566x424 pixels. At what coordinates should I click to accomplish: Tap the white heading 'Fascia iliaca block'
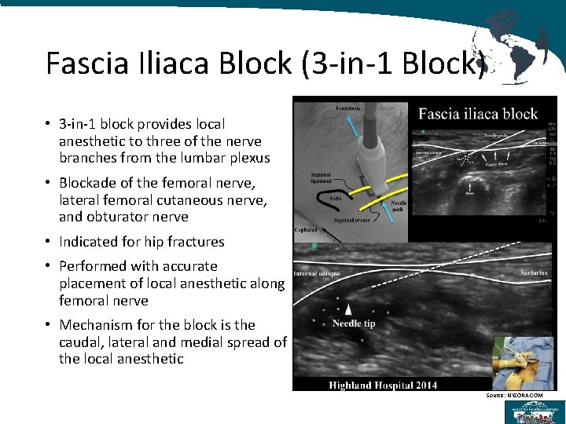pyautogui.click(x=477, y=114)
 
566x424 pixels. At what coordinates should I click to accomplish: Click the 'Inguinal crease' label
pyautogui.click(x=354, y=221)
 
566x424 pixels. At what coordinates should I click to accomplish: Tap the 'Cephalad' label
pyautogui.click(x=307, y=230)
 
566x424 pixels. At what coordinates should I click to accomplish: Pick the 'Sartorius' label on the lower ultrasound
pyautogui.click(x=532, y=272)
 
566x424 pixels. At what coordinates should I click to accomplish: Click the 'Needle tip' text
pyautogui.click(x=353, y=323)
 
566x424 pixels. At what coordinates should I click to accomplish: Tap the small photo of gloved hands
pyautogui.click(x=523, y=362)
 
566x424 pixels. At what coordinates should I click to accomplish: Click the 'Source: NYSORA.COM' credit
pyautogui.click(x=514, y=395)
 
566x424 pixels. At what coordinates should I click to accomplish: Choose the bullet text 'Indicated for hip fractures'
pyautogui.click(x=141, y=242)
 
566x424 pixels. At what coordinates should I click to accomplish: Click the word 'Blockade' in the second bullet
pyautogui.click(x=88, y=183)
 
